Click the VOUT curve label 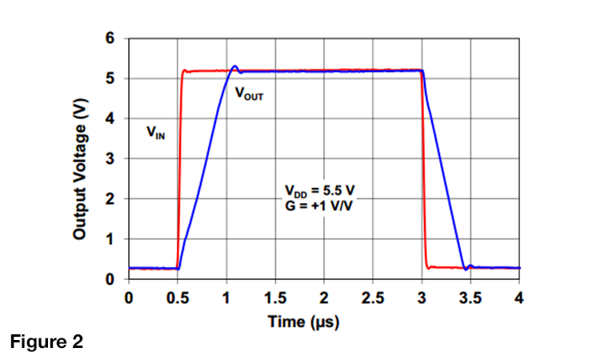[249, 95]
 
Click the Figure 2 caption [46, 342]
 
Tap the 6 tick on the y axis [110, 38]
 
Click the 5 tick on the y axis [110, 78]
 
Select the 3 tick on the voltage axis [110, 158]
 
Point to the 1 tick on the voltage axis [110, 239]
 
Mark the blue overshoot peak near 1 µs [234, 66]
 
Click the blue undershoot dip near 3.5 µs [466, 270]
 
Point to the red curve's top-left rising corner [184, 70]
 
